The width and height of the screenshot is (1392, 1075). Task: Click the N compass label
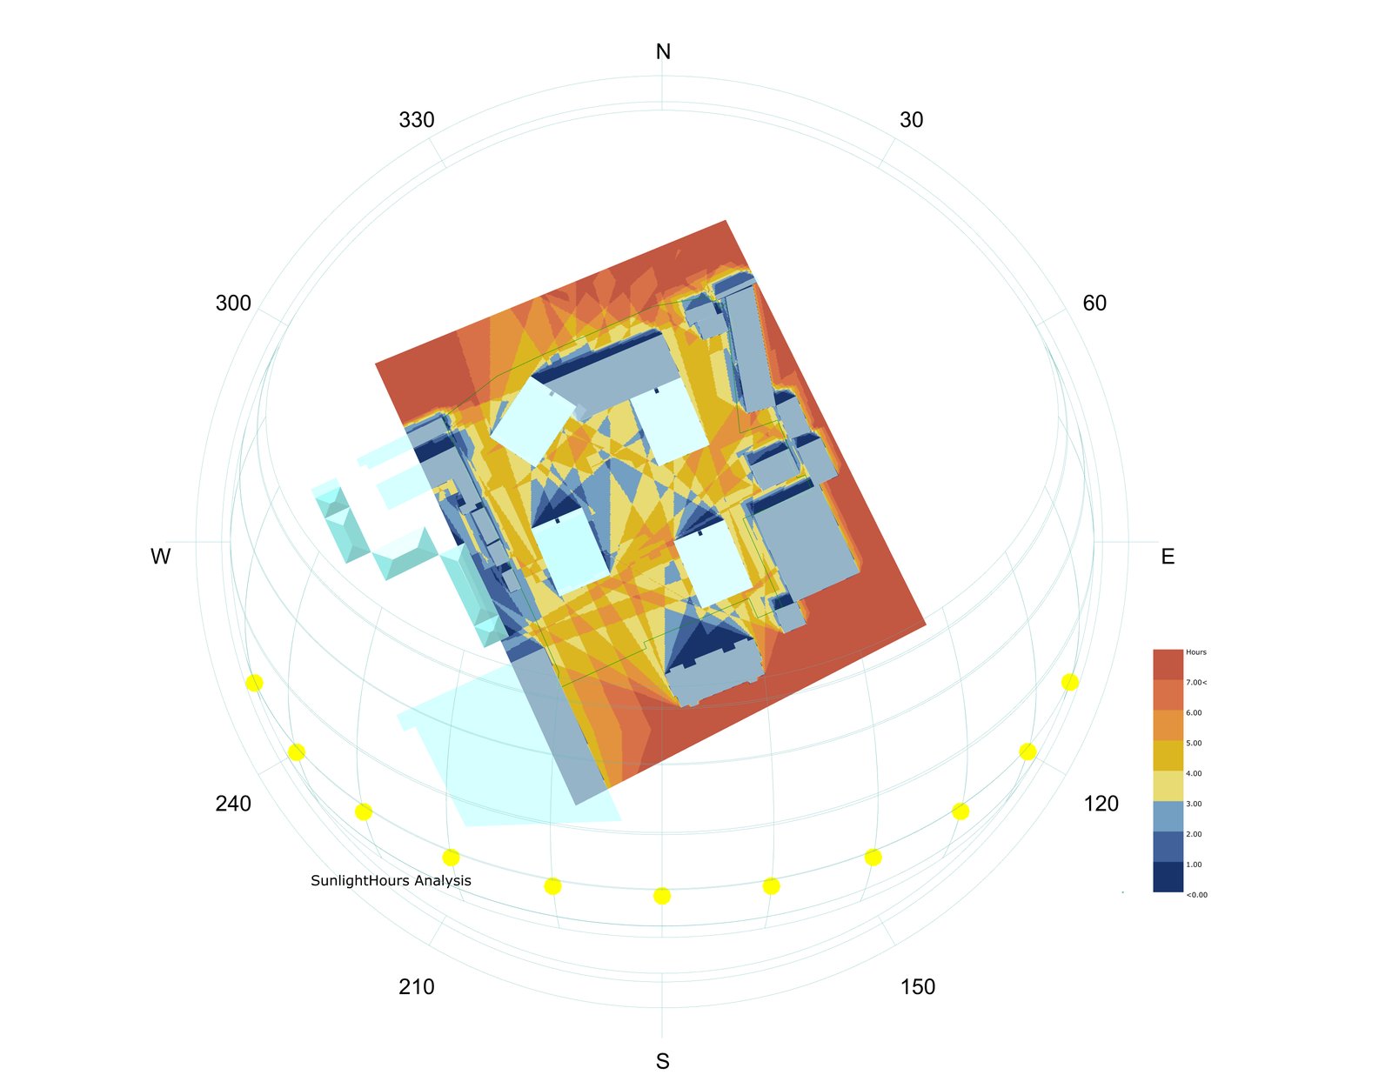pyautogui.click(x=663, y=52)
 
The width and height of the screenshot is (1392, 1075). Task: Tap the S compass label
pyautogui.click(x=663, y=1061)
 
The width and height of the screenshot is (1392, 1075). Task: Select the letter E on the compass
pyautogui.click(x=1168, y=557)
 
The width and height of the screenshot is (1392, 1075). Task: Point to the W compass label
pyautogui.click(x=161, y=557)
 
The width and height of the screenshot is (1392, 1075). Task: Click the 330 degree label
pyautogui.click(x=417, y=120)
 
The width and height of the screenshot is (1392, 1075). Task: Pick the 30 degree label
pyautogui.click(x=911, y=120)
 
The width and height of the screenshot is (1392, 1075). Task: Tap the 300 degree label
pyautogui.click(x=233, y=303)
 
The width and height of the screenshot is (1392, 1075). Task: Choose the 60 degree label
pyautogui.click(x=1094, y=303)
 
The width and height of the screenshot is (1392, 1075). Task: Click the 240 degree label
pyautogui.click(x=233, y=804)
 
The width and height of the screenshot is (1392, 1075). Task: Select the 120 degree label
pyautogui.click(x=1101, y=804)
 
